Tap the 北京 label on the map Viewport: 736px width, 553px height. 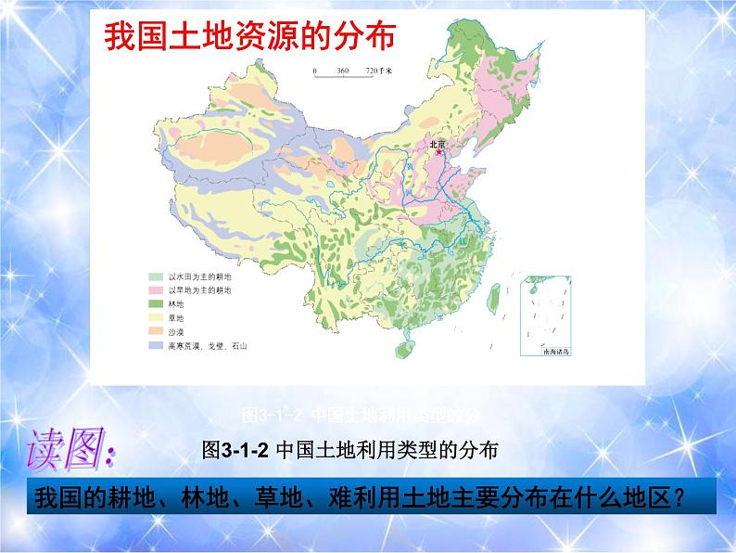[x=436, y=143]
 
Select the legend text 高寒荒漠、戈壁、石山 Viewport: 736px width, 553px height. [x=205, y=345]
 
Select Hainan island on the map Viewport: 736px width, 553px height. [x=402, y=349]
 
